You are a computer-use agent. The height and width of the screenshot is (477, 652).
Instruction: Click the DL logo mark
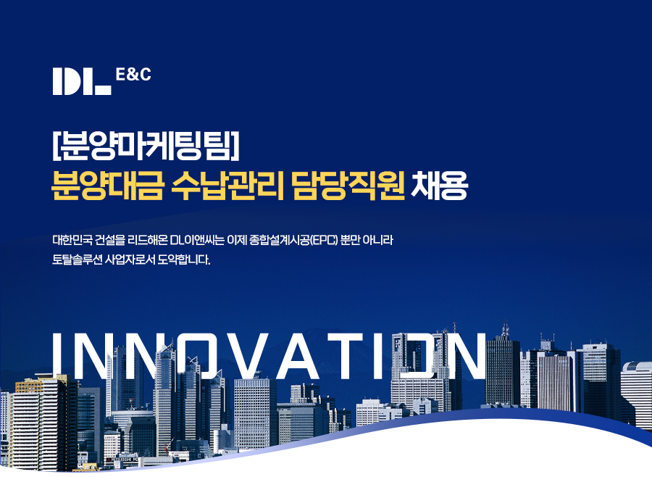click(82, 82)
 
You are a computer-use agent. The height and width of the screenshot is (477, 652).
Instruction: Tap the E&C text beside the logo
click(133, 75)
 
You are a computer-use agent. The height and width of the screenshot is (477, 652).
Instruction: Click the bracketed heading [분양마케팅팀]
click(146, 146)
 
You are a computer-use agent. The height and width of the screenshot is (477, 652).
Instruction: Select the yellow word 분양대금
click(107, 186)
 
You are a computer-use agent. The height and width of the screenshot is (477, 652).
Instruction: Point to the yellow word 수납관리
click(227, 186)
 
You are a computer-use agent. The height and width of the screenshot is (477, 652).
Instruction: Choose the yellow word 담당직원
click(348, 186)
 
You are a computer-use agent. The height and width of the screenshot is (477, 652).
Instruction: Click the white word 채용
click(439, 186)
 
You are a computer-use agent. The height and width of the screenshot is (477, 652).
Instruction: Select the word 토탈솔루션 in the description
click(77, 260)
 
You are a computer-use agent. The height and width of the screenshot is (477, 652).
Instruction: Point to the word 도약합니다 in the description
click(184, 260)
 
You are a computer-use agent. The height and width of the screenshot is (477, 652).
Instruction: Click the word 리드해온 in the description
click(148, 240)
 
